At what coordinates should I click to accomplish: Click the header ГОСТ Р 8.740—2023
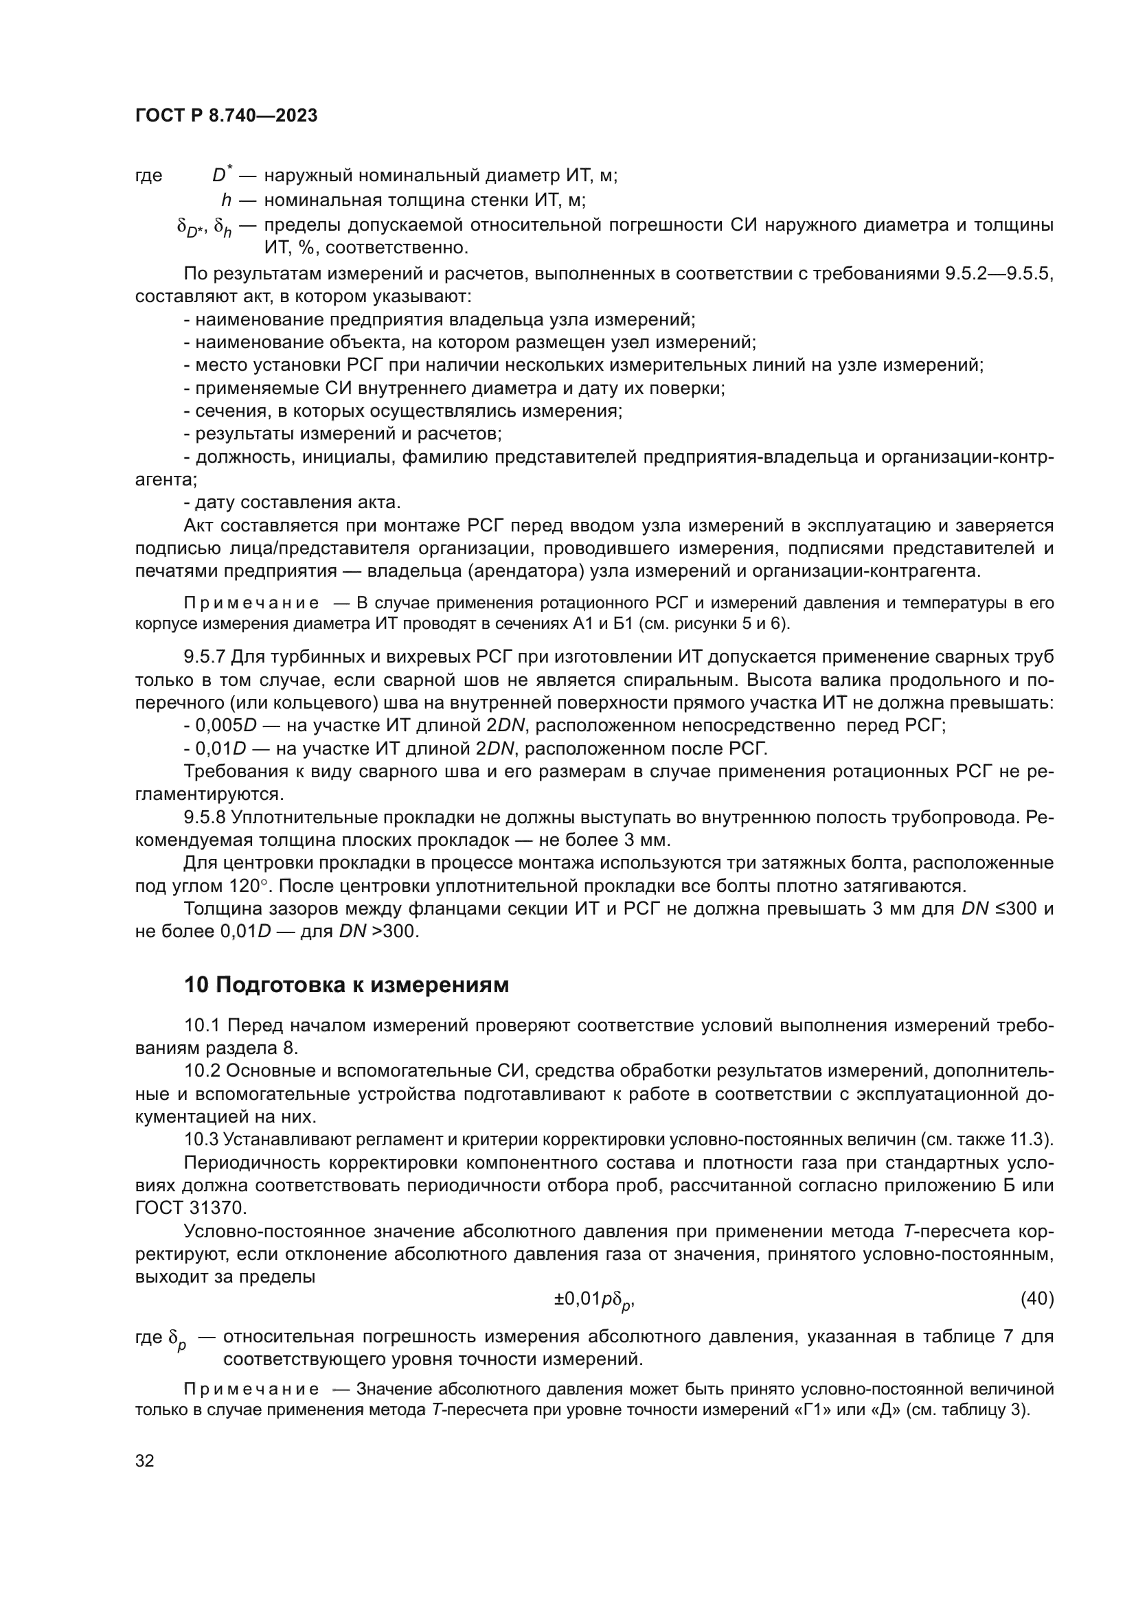(x=226, y=116)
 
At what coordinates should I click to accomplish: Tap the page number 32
(x=144, y=1461)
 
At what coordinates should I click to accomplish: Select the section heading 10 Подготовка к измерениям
(x=346, y=985)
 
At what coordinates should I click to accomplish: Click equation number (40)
(x=1036, y=1299)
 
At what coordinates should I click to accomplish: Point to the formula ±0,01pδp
(x=594, y=1300)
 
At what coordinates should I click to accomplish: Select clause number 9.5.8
(x=205, y=818)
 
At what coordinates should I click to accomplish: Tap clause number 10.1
(x=202, y=1026)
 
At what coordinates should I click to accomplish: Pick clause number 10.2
(x=202, y=1072)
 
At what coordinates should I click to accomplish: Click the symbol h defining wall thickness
(x=226, y=200)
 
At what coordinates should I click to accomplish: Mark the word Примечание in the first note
(x=252, y=604)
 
